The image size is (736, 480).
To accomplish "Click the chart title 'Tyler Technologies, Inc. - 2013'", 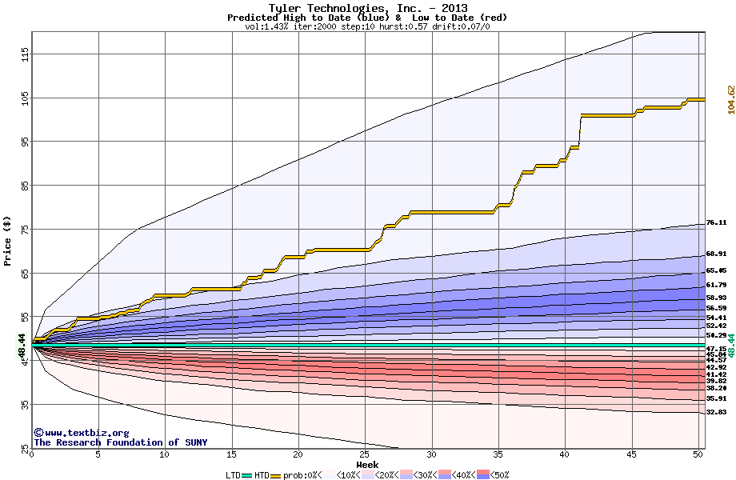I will coord(368,8).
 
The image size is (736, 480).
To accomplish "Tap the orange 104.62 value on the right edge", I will coord(730,100).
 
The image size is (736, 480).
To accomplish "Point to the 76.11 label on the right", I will coord(716,223).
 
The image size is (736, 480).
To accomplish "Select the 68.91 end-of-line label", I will coord(716,254).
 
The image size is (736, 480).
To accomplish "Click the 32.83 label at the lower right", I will coord(716,412).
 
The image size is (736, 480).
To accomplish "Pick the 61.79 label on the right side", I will coord(716,286).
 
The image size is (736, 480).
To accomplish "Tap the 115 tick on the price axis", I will coord(25,54).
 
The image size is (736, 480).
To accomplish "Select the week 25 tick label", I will coord(365,455).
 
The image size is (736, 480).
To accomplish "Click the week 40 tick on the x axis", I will coord(565,455).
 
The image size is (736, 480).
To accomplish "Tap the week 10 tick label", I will coord(165,455).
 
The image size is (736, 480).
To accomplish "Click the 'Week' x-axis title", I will coord(368,465).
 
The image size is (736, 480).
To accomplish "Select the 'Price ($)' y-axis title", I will coord(8,240).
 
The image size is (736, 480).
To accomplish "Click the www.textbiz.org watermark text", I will coord(80,433).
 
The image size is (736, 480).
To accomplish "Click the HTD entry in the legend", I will coord(262,475).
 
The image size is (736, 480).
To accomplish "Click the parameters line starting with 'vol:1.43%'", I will coord(368,26).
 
